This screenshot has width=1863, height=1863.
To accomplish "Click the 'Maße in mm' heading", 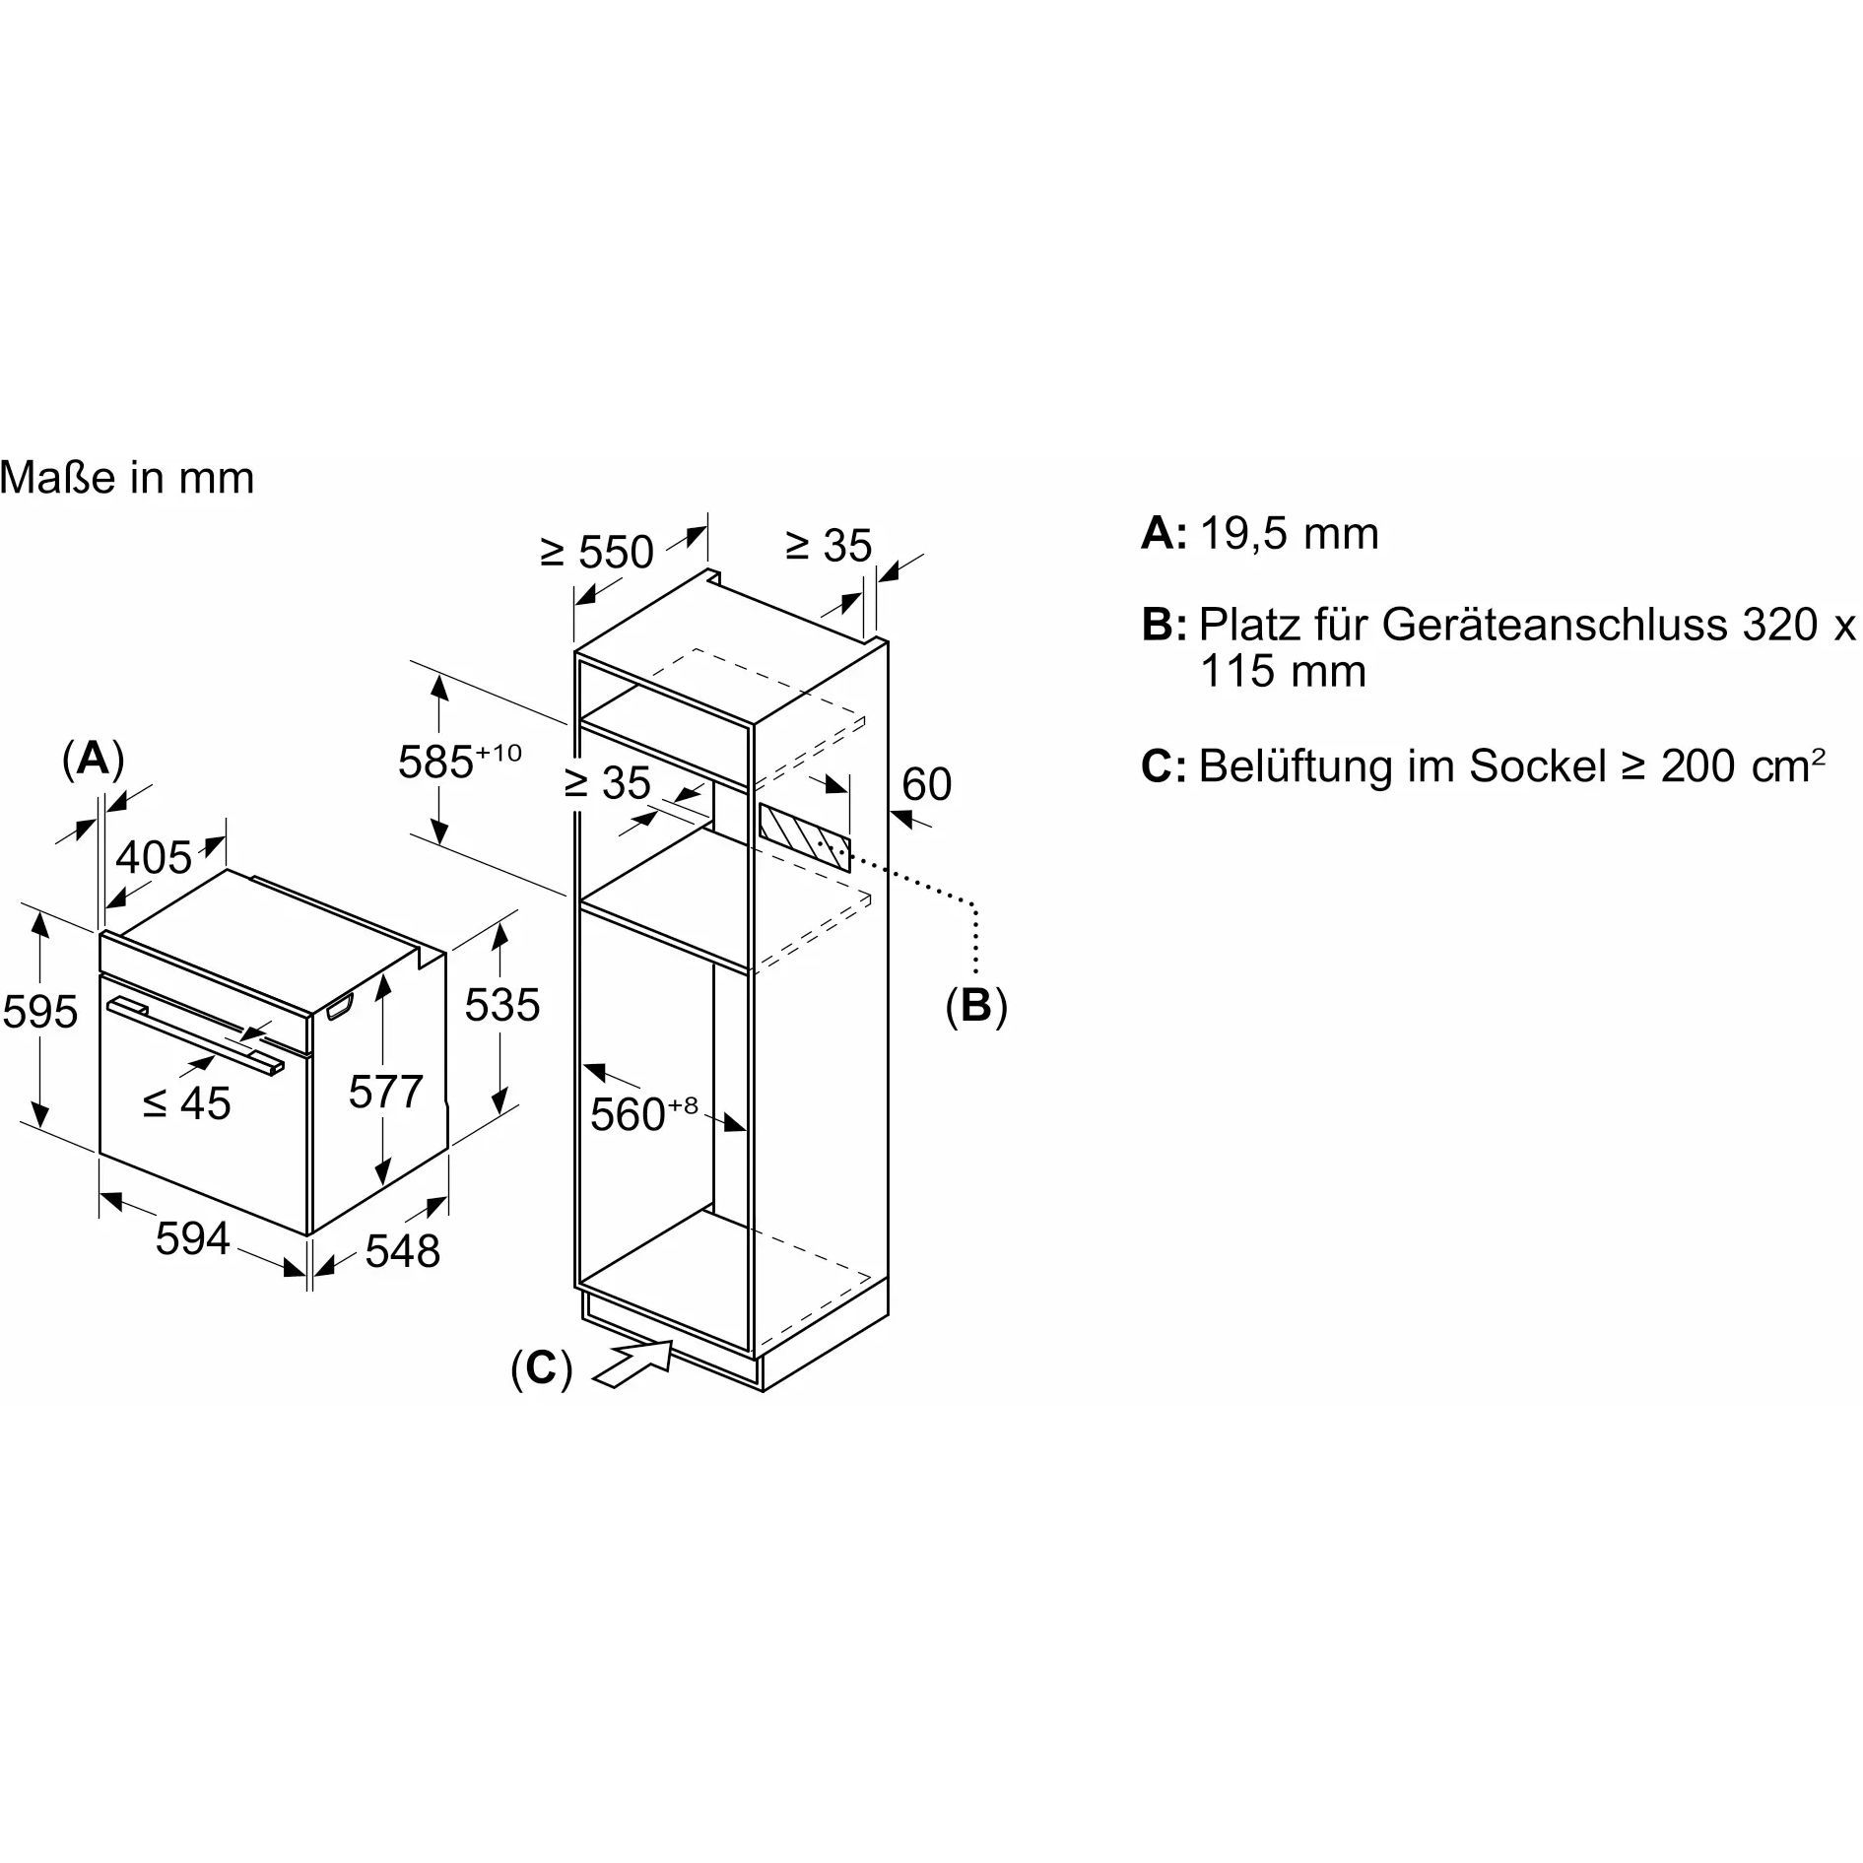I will click(127, 479).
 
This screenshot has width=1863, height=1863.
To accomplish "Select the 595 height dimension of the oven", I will click(40, 1012).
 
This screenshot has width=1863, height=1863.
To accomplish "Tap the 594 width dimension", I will click(192, 1238).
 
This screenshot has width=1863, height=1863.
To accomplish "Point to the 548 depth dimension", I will click(402, 1251).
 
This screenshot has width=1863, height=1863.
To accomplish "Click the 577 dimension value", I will click(385, 1092).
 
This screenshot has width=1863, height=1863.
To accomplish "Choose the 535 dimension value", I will click(502, 1005).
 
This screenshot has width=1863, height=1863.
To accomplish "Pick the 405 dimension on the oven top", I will click(154, 857).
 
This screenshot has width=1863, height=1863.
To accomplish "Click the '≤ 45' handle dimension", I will click(186, 1102).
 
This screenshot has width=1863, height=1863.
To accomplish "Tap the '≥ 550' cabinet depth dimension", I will click(597, 552).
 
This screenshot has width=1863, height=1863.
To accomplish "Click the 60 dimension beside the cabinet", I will click(926, 784).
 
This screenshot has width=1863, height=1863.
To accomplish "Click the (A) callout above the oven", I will click(93, 760).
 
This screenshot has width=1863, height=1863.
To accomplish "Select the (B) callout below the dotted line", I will click(976, 1006).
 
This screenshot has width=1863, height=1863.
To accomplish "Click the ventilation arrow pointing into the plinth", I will click(634, 1364).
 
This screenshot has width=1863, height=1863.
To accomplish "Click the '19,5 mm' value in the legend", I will click(1289, 533).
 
